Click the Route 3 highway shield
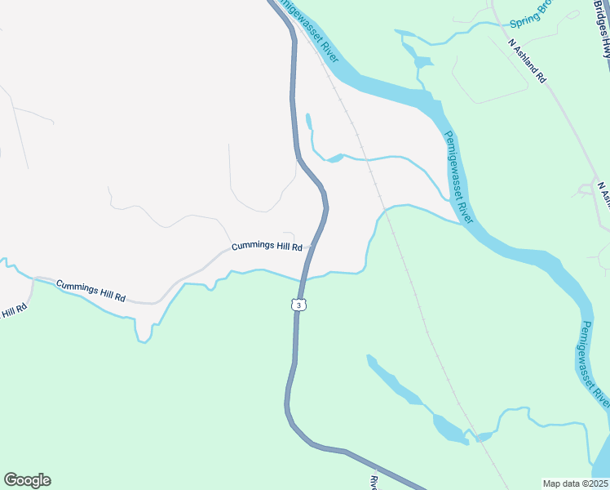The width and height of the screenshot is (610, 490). coord(299,305)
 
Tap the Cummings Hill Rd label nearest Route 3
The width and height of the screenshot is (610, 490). coord(267,246)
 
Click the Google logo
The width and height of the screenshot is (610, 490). coord(27,480)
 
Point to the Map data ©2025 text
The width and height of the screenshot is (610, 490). coord(574,483)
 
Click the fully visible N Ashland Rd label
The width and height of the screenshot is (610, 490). coord(527,60)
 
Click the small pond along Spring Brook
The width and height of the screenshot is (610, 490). coord(422,62)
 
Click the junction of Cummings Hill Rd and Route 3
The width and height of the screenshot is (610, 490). coord(313,246)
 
